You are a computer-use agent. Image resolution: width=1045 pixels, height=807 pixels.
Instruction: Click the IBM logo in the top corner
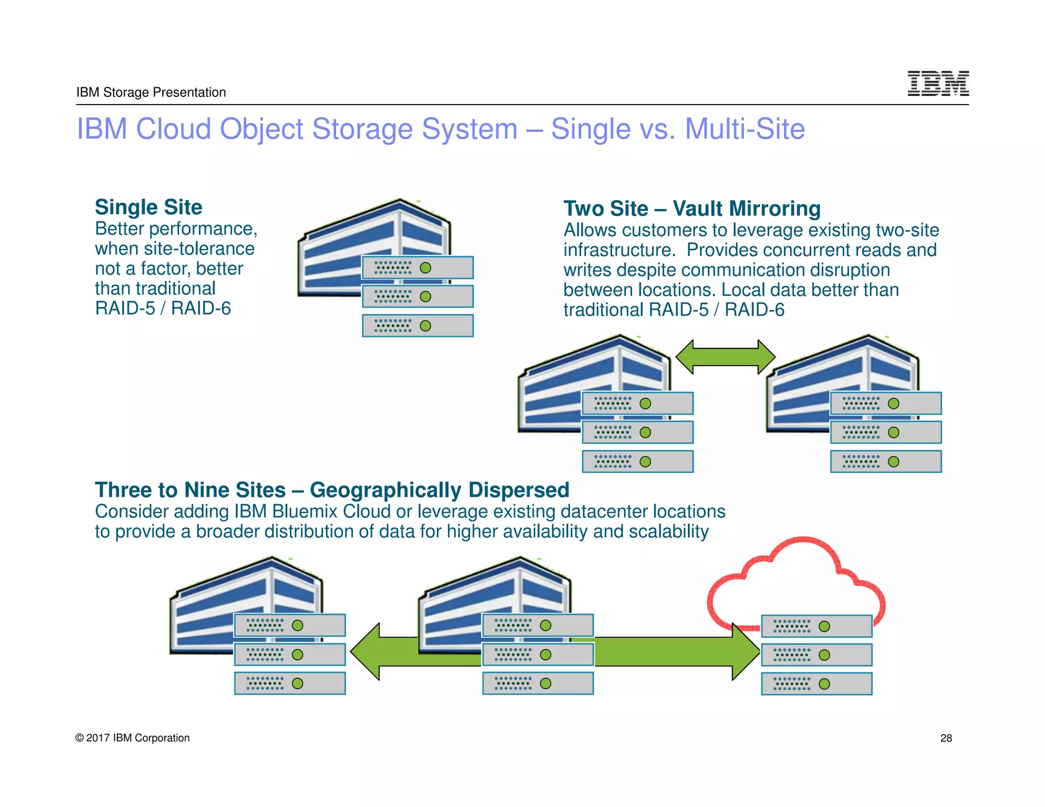(938, 84)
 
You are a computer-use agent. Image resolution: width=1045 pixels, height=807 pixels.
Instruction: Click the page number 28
(946, 738)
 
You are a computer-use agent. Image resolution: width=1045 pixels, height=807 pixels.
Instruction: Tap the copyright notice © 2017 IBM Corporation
(133, 738)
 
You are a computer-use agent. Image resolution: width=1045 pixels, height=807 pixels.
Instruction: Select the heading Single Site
(148, 207)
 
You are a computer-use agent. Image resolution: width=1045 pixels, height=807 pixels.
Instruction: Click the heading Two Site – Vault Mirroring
(692, 209)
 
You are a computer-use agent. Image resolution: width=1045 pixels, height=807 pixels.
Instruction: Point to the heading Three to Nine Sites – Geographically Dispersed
(332, 490)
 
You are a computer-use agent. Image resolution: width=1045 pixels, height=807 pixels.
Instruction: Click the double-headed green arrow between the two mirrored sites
(725, 357)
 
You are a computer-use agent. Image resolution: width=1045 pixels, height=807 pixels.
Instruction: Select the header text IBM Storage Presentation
(151, 92)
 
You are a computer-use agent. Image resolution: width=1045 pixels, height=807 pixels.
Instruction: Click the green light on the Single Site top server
(425, 268)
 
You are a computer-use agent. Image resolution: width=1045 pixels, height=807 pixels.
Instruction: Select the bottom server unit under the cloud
(816, 684)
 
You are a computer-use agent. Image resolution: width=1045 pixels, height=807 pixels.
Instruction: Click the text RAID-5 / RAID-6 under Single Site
(163, 309)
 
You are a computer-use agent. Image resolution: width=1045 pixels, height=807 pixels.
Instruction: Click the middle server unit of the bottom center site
(538, 654)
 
